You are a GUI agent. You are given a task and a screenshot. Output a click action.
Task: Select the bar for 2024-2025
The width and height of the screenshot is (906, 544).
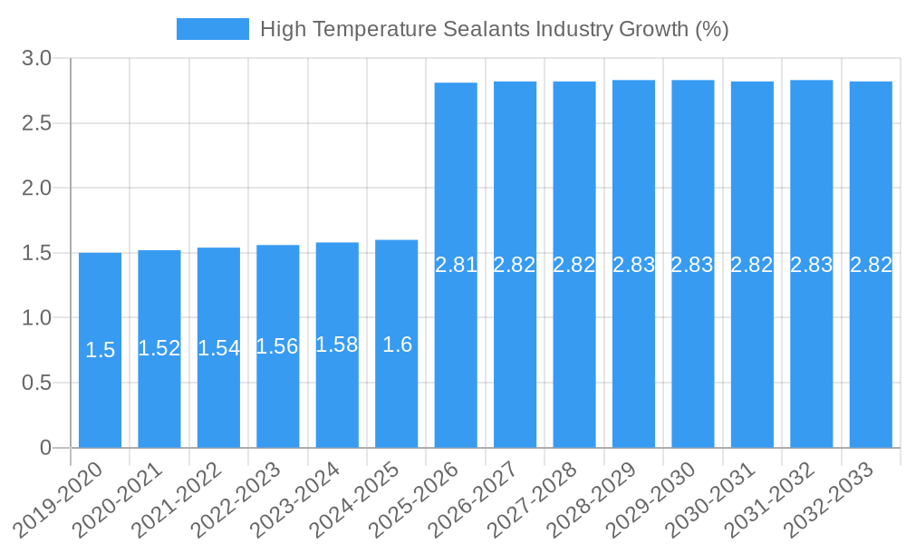(397, 344)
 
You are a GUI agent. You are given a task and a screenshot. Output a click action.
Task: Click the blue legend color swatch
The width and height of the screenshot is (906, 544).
(213, 29)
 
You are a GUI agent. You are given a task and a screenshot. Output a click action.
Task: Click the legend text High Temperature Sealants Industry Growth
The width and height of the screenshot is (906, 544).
(494, 29)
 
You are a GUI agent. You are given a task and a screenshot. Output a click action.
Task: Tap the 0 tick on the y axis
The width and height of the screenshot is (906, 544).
(45, 448)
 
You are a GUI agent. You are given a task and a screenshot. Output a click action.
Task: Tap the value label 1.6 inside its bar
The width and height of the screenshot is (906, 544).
(397, 345)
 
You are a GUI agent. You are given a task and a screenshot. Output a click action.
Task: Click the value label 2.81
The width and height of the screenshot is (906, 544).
(456, 266)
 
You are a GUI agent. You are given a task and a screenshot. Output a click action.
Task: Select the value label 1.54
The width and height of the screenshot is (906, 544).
(218, 348)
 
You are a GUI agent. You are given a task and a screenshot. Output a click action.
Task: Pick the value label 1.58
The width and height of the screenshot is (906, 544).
(337, 345)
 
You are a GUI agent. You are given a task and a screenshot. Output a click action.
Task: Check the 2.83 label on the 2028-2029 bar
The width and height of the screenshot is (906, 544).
(633, 266)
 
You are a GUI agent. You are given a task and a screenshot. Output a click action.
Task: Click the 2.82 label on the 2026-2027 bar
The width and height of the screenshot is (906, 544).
(515, 266)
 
